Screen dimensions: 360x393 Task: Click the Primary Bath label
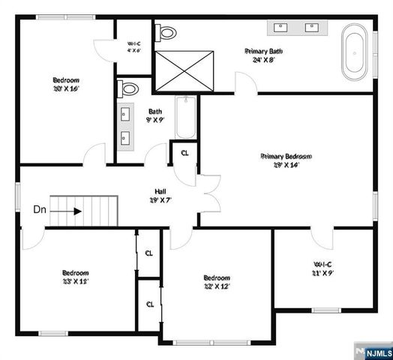(262, 55)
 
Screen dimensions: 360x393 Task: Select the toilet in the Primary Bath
(166, 33)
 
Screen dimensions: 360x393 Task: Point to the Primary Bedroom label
(286, 160)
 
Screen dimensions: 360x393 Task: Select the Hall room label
(160, 195)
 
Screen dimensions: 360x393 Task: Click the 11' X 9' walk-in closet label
(323, 268)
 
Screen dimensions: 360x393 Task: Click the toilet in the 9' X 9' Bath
(130, 88)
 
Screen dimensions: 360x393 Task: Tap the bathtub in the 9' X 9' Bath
(184, 118)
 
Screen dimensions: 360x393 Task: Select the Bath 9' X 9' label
(155, 115)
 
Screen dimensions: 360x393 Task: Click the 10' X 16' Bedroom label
(66, 84)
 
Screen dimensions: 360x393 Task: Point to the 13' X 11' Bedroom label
(76, 277)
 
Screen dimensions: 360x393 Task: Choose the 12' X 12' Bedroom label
(216, 281)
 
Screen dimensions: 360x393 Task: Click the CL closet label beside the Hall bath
(184, 153)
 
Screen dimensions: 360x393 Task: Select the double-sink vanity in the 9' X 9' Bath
(124, 127)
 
